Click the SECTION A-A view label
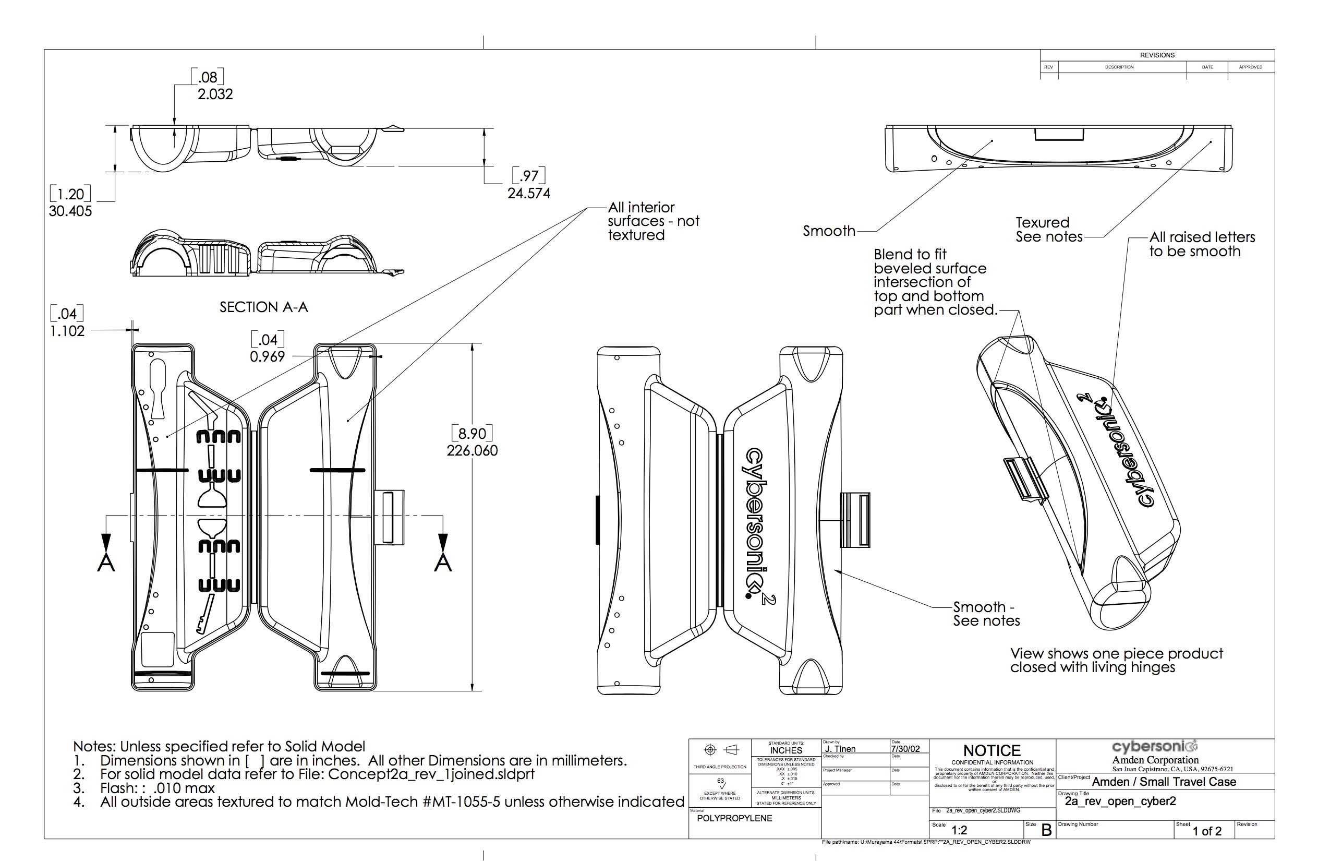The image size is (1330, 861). [263, 307]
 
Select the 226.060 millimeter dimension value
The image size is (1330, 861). [471, 451]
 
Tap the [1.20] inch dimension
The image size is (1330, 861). [70, 194]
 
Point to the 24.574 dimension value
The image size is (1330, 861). [529, 194]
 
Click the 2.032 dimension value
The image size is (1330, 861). [214, 94]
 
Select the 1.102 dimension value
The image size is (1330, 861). [67, 331]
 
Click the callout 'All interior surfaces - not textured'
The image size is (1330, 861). [652, 221]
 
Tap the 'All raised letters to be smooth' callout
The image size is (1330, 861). [1202, 244]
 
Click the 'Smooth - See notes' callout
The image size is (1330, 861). [986, 613]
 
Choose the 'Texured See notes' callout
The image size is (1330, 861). [1048, 230]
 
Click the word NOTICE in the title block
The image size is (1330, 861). [992, 750]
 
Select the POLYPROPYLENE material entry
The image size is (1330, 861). [734, 818]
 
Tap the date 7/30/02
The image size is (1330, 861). [905, 749]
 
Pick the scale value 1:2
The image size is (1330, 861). [959, 830]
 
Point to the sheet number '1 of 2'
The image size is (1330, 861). [1207, 831]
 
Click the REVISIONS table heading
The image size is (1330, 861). [1157, 55]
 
